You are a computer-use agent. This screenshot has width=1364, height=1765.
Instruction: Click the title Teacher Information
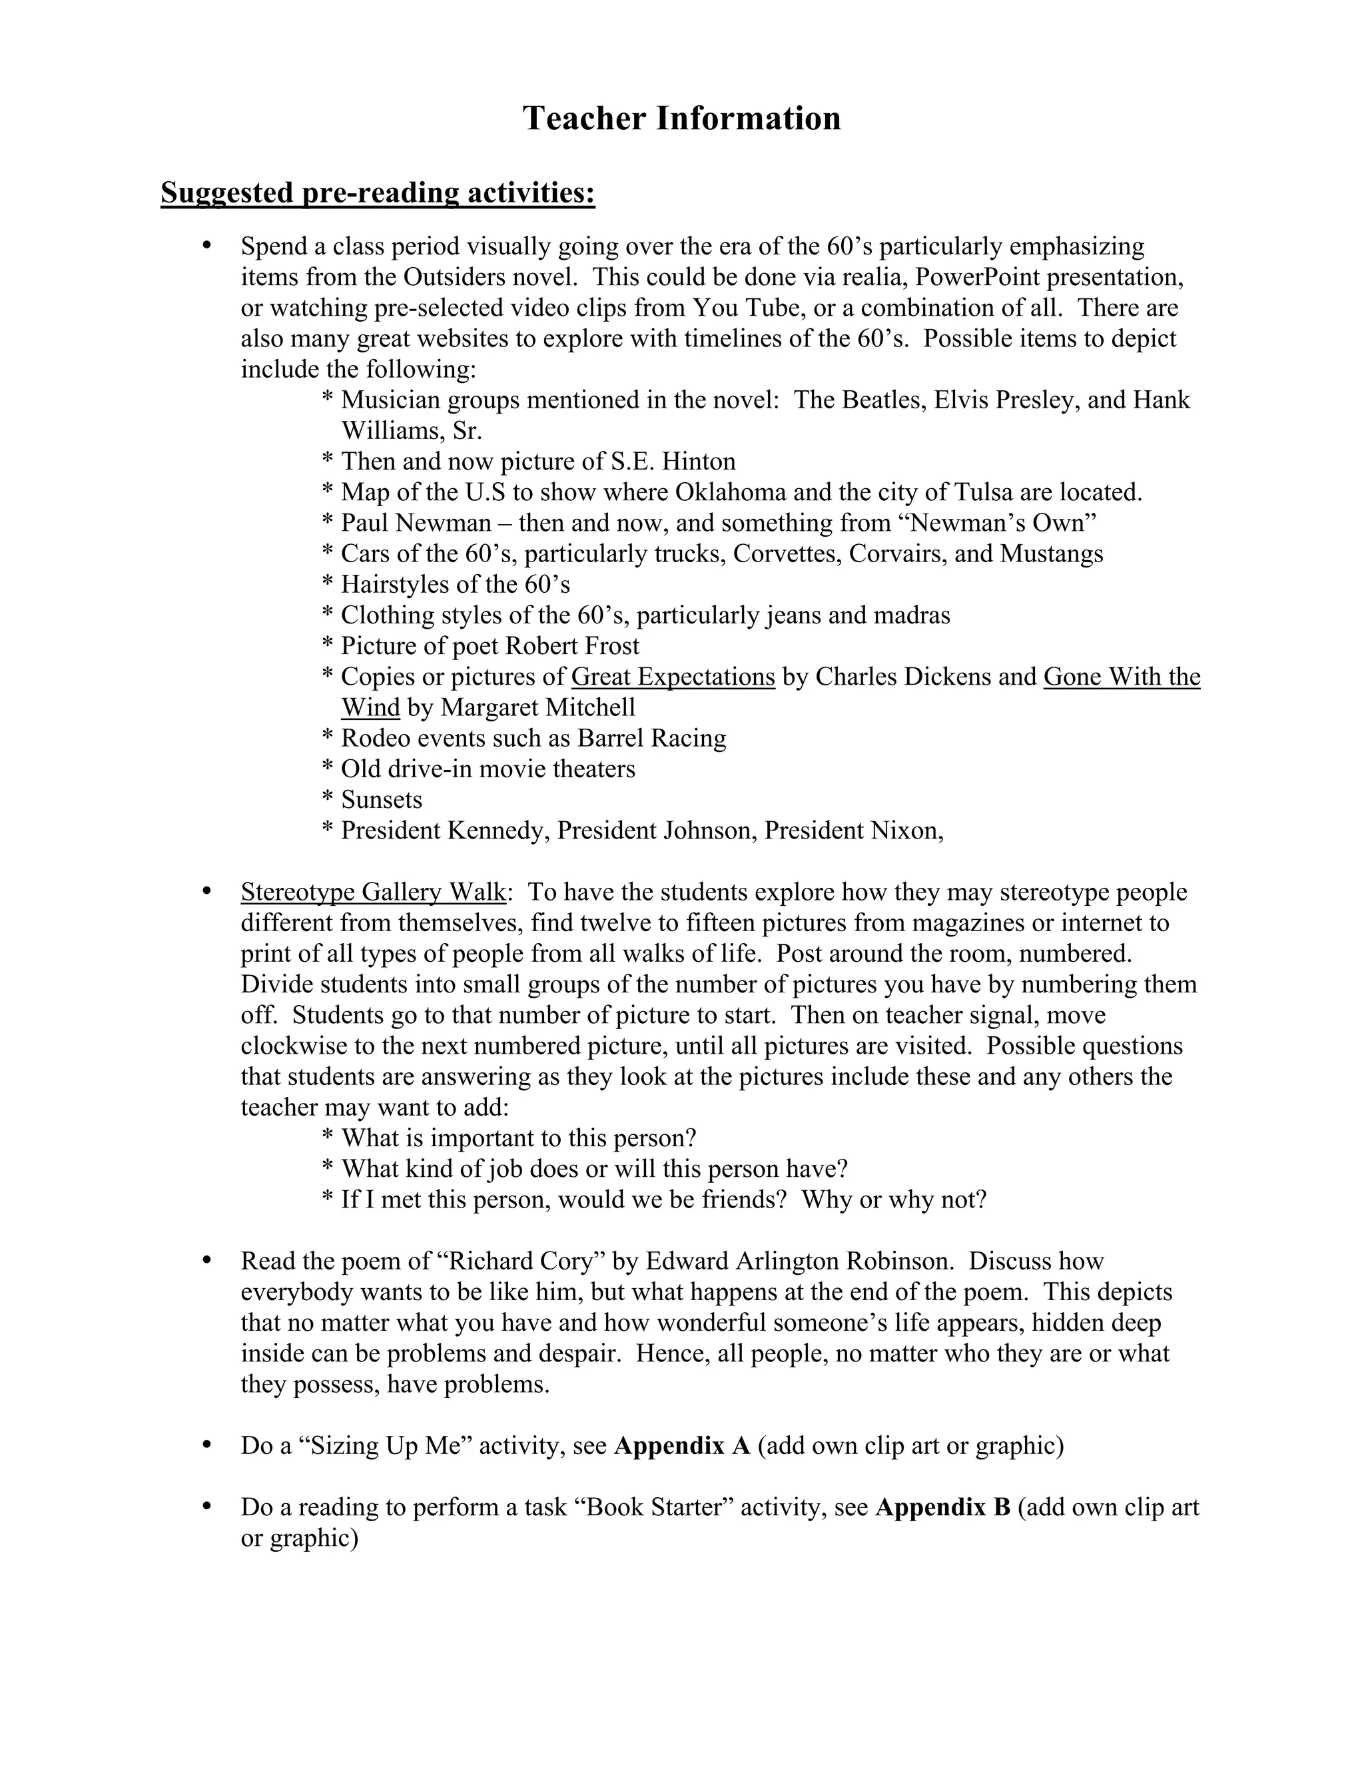click(x=681, y=118)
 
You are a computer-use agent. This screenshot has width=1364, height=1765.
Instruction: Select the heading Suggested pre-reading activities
click(x=378, y=193)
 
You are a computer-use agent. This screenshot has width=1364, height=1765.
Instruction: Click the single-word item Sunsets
click(x=382, y=799)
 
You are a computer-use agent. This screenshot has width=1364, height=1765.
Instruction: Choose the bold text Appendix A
click(x=682, y=1446)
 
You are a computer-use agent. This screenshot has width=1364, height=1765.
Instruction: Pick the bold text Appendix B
click(x=942, y=1507)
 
